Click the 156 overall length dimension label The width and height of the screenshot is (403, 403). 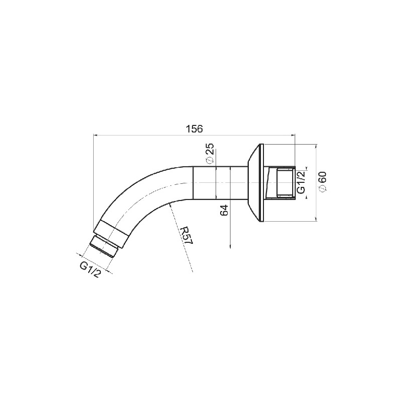click(194, 128)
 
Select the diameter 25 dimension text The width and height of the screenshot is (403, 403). click(210, 153)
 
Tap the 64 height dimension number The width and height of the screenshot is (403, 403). click(224, 211)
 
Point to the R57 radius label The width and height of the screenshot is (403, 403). click(186, 235)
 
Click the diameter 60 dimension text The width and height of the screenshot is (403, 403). click(322, 181)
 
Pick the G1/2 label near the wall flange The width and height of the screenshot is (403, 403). click(301, 182)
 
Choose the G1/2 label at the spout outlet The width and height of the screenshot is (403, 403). click(90, 270)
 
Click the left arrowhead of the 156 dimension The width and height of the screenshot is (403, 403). click(95, 135)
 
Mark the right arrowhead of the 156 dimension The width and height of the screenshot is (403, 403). click(293, 135)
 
